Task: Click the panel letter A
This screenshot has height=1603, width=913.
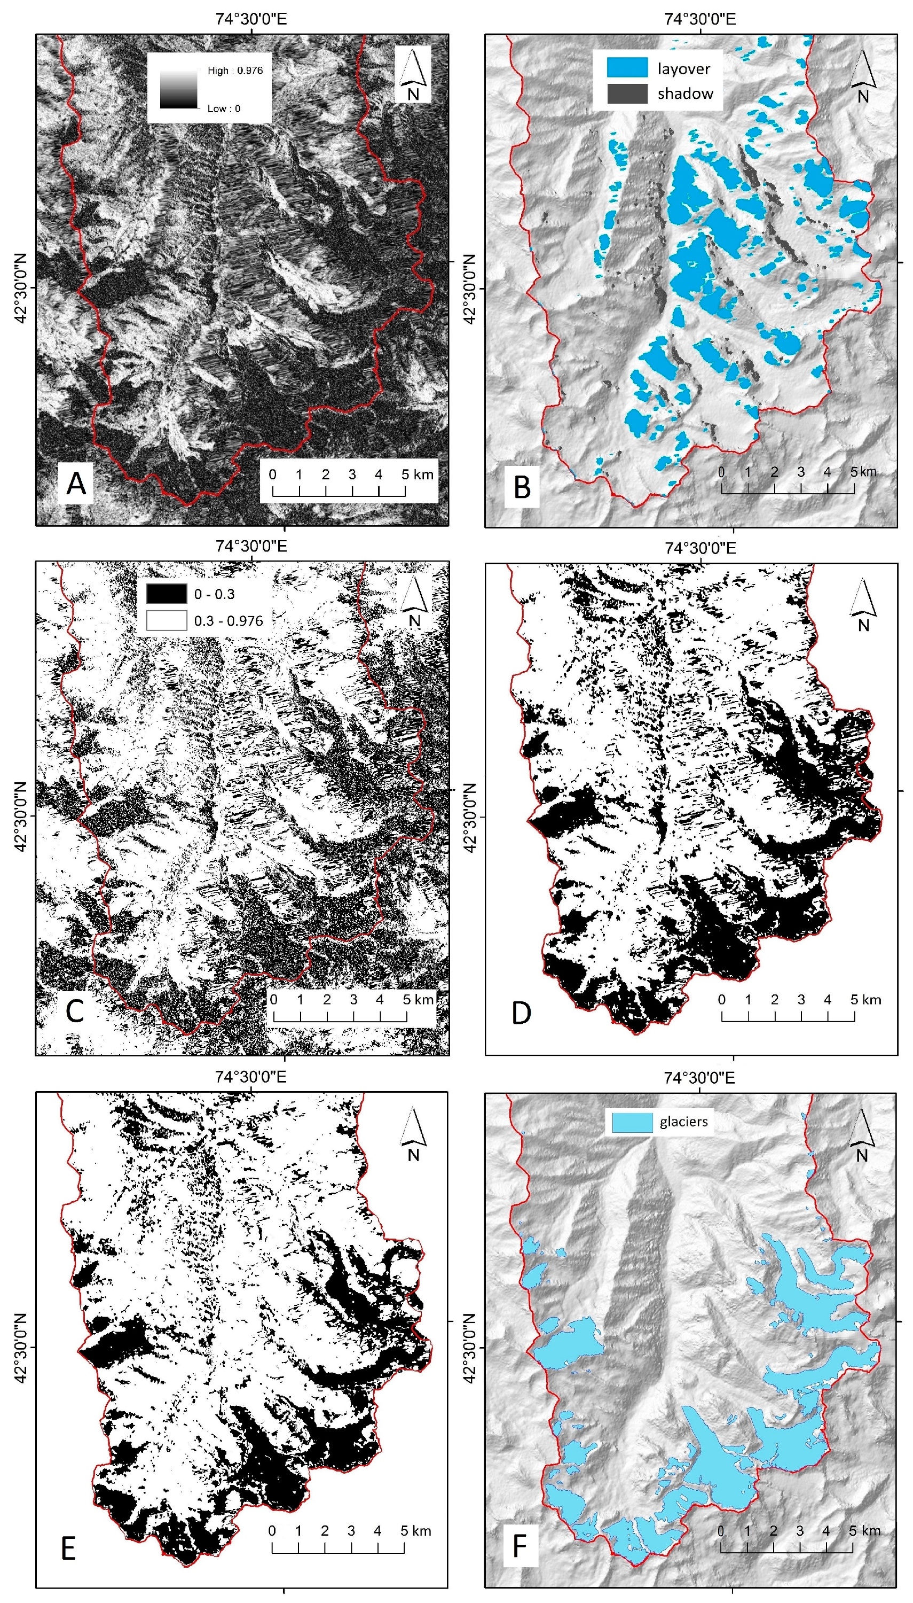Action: pos(76,483)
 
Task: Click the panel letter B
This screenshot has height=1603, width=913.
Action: pos(522,487)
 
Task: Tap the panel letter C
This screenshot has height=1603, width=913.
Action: pos(75,1011)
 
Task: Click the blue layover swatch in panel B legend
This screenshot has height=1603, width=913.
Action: pos(626,68)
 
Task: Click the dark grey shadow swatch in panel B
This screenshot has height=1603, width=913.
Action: pos(626,94)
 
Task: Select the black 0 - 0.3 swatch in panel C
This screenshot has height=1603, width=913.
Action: pos(166,594)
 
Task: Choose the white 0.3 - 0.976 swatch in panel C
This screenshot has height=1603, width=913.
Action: pos(166,620)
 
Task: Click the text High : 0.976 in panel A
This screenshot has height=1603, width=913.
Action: pos(235,71)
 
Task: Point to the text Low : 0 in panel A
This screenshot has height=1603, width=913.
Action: pos(224,108)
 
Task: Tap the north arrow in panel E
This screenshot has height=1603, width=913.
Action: pos(413,1134)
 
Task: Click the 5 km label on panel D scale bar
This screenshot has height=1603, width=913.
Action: pos(865,999)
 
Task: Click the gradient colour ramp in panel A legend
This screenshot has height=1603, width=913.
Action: pos(179,89)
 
